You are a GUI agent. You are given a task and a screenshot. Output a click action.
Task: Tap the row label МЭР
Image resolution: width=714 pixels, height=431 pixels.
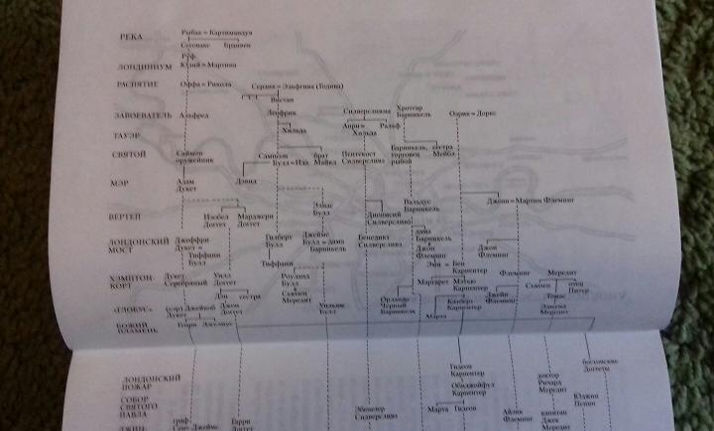click(x=137, y=184)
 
